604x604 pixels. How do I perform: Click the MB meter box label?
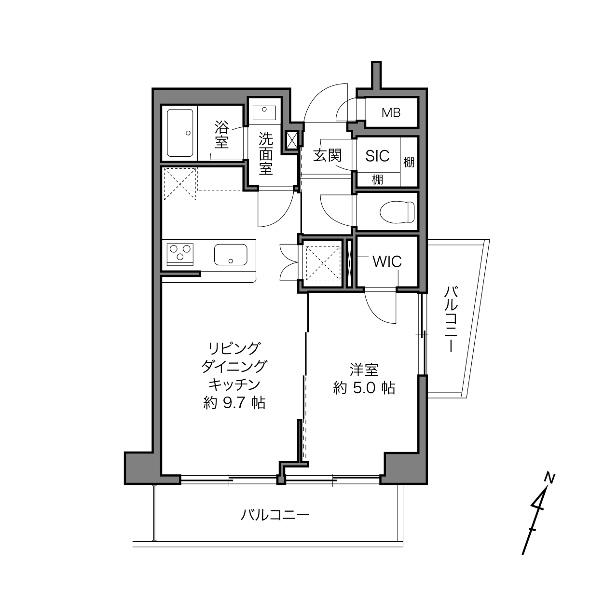(391, 113)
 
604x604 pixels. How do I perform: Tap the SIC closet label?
(377, 155)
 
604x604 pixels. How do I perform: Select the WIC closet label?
(387, 261)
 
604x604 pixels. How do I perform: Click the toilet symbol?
(397, 212)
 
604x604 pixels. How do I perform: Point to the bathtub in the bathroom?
(180, 133)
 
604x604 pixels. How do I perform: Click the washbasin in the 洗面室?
(264, 113)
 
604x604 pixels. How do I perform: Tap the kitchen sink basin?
(231, 255)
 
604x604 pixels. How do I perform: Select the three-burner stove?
(180, 254)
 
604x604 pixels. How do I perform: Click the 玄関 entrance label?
(327, 155)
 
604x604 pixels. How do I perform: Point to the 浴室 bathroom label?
(221, 135)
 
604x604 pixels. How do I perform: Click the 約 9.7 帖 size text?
(234, 403)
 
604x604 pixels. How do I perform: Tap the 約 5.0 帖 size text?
(364, 388)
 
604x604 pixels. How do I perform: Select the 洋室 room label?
(364, 370)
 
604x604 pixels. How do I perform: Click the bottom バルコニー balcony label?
(275, 515)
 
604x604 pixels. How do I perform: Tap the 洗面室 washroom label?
(266, 153)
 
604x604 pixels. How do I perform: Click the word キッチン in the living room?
(234, 384)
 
